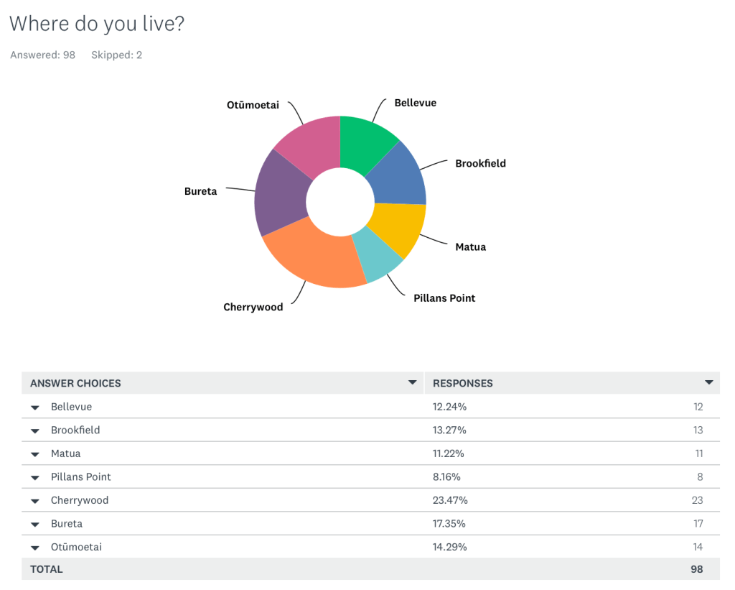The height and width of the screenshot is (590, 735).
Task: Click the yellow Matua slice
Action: (398, 229)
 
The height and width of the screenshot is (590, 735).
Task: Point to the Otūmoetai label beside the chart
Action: (253, 106)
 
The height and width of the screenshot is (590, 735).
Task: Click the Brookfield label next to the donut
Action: (480, 163)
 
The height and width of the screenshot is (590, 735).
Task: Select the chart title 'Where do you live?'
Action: (97, 24)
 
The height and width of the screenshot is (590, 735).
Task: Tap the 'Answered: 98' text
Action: (42, 55)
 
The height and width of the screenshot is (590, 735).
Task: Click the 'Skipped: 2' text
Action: (116, 55)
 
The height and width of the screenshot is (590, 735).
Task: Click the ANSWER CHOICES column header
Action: (75, 383)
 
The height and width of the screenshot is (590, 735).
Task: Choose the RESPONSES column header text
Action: (463, 383)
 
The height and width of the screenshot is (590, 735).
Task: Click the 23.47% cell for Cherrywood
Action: (449, 500)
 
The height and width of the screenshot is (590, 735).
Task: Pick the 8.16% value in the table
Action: (446, 476)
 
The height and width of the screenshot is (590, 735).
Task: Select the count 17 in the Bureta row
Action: (698, 523)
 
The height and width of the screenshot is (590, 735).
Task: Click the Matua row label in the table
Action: (65, 453)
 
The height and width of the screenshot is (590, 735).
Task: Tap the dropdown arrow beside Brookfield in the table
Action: (34, 430)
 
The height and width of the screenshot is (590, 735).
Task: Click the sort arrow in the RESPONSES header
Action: (709, 382)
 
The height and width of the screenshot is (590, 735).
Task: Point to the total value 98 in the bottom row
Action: (696, 569)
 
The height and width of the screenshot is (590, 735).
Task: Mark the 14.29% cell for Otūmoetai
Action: (449, 547)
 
